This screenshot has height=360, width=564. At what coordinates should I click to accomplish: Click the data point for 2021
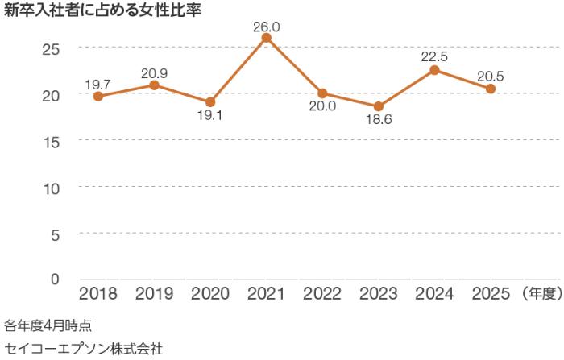tap(266, 38)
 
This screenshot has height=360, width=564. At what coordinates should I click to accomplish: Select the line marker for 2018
tap(97, 97)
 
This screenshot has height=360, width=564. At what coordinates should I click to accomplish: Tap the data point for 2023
tap(378, 106)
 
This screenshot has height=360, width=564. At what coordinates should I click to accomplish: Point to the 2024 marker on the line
tap(434, 70)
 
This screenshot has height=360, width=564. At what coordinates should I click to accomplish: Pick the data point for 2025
tap(490, 89)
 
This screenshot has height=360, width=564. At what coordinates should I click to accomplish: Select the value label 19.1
tap(209, 115)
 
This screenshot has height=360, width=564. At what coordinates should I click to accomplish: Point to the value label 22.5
tap(434, 56)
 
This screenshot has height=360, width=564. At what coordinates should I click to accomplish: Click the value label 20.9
tap(153, 72)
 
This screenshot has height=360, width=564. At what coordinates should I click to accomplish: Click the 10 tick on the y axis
tap(52, 187)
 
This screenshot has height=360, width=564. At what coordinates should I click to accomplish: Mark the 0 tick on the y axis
tap(56, 279)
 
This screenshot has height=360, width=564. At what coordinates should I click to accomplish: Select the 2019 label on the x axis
tap(153, 294)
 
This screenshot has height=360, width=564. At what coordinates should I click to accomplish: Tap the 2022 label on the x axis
tap(322, 294)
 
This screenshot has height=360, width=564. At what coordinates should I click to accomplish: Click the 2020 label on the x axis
tap(209, 294)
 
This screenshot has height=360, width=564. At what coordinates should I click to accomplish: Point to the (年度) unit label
tap(541, 294)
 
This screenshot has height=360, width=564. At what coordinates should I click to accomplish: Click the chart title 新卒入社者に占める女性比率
tap(102, 12)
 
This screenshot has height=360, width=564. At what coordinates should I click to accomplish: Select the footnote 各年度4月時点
tap(48, 326)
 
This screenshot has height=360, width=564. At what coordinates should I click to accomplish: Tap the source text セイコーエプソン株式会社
tap(83, 349)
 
